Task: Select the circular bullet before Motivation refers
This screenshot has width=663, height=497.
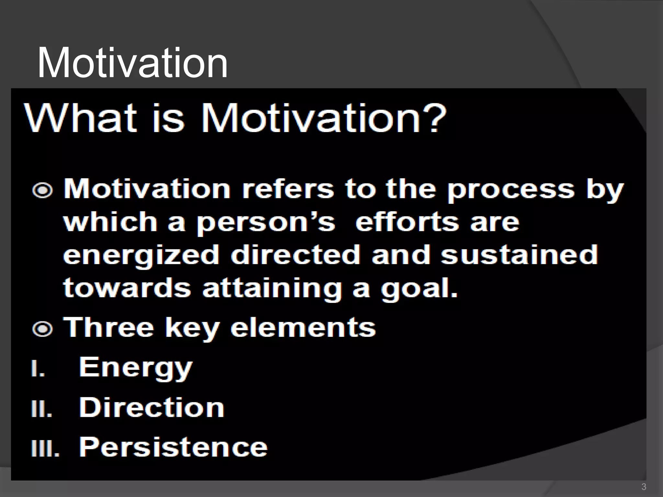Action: tap(42, 191)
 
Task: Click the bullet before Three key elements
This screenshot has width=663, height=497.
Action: tap(42, 329)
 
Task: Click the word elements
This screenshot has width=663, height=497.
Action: tap(303, 328)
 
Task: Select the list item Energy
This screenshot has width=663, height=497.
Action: tap(136, 368)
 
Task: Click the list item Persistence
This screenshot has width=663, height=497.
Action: tap(173, 447)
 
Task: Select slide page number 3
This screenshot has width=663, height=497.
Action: tap(644, 487)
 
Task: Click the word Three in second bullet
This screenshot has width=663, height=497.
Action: tap(108, 328)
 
